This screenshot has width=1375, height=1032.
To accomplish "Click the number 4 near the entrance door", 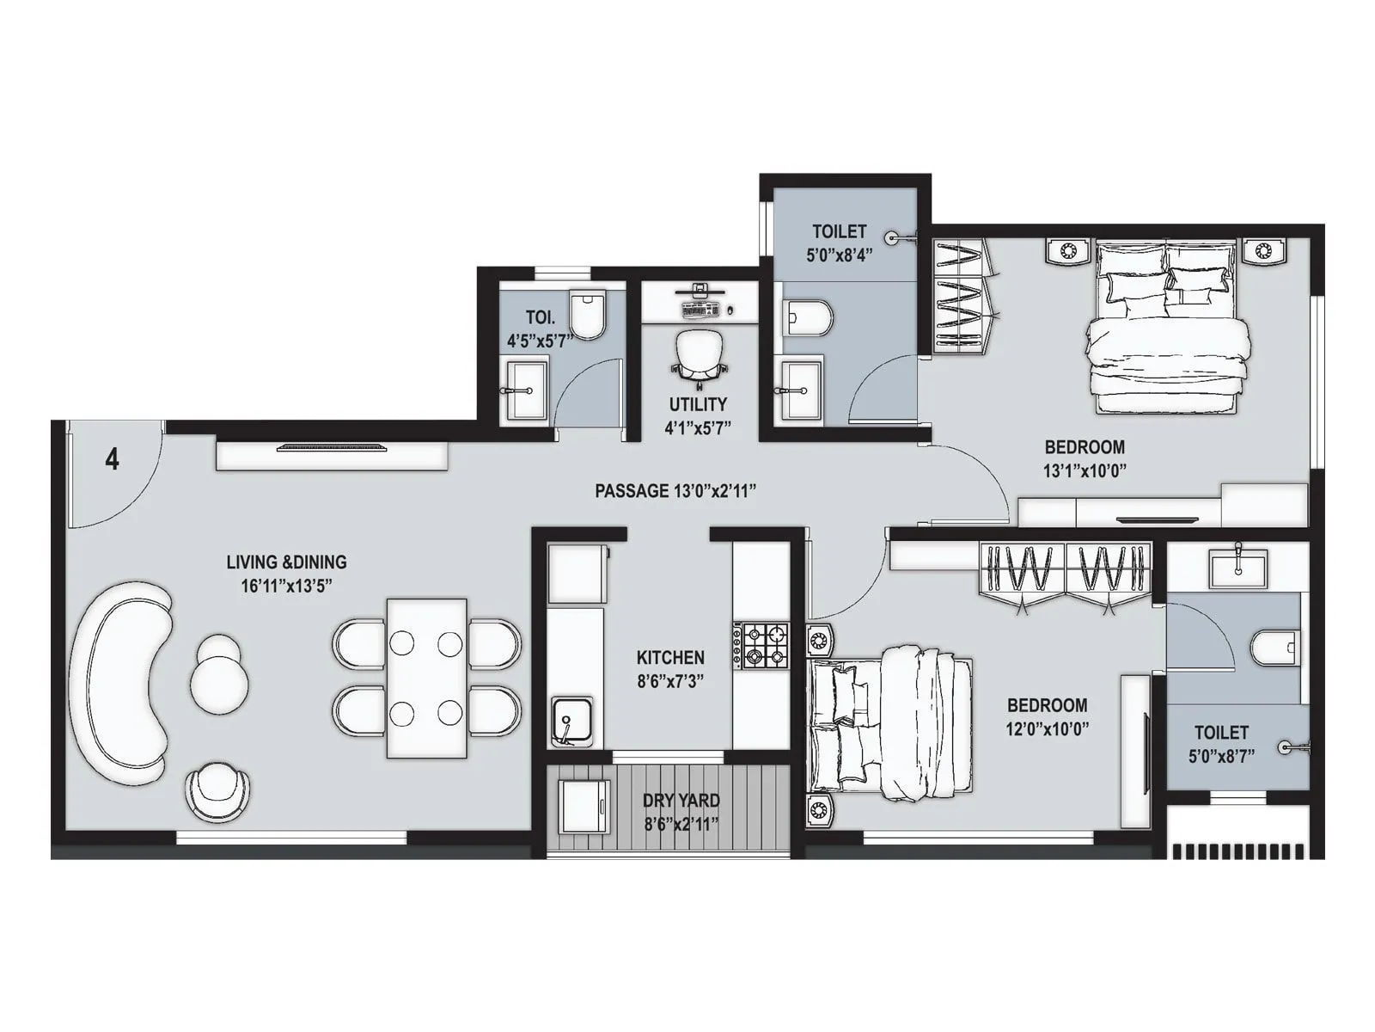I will point(112,460).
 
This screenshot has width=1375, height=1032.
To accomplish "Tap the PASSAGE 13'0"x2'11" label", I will point(675,491).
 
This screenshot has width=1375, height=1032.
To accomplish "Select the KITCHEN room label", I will point(670,658).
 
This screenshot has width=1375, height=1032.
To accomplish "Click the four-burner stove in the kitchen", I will point(761,646).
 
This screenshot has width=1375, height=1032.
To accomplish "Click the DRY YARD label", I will point(681,801).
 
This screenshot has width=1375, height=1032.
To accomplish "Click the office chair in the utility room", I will point(698,355).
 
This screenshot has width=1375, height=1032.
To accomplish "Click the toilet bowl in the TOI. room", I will point(589,315).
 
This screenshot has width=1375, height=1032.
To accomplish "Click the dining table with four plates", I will point(426,678).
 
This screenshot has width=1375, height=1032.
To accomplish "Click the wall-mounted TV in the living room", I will point(332,447).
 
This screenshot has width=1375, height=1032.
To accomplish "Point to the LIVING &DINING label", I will point(286,562).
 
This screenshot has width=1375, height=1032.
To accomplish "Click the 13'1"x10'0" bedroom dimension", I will point(1085,470).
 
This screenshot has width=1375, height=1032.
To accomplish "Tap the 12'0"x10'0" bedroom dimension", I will point(1048,728).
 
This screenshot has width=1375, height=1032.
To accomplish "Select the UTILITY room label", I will point(698,404).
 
